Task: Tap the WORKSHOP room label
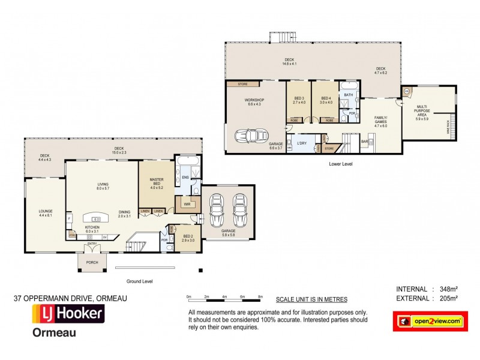254,100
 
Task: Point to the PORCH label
92,262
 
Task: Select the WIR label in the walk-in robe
187,204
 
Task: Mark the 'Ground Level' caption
140,281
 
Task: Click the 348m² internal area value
447,289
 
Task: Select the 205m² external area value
447,298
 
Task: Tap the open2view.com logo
430,322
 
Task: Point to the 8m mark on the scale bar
260,297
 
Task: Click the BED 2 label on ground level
188,238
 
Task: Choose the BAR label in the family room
364,143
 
